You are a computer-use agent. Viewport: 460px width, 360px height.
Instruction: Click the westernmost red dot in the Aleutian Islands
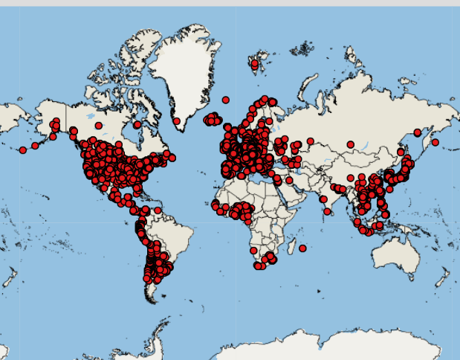tap(23, 150)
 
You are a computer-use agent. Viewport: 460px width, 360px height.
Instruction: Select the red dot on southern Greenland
tap(177, 121)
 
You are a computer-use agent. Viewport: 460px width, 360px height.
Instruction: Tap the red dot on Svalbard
tap(255, 65)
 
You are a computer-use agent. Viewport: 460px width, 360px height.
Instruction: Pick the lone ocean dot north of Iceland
tap(226, 100)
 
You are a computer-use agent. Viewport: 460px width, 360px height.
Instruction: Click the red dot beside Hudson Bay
tap(137, 124)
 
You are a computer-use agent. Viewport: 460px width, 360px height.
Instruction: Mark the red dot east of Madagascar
tap(302, 248)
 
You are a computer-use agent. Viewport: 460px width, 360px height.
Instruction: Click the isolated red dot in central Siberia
tap(349, 144)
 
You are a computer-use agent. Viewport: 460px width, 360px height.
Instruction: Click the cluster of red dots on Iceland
tap(213, 119)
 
